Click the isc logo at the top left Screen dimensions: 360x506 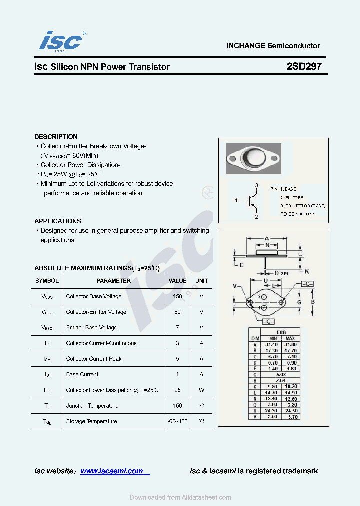tap(60, 40)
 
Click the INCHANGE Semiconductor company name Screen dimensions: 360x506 tap(273, 45)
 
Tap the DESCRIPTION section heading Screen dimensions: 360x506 tap(56, 137)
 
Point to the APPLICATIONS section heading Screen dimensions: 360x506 tap(57, 221)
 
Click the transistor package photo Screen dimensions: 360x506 tap(254, 158)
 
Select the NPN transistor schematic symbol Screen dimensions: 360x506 tap(252, 200)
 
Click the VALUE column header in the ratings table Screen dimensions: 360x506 tap(177, 281)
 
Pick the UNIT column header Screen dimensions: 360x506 tap(201, 281)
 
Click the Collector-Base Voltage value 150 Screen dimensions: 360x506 tap(177, 296)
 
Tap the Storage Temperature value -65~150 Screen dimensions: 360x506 tap(177, 421)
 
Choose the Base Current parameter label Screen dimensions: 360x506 tap(82, 374)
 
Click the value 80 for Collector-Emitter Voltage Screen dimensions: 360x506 tap(177, 312)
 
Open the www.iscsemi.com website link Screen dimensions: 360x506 tap(112, 471)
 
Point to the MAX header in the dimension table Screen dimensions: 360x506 tap(290, 338)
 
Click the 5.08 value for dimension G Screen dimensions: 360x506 tap(281, 374)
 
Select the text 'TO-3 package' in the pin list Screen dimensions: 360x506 tap(297, 214)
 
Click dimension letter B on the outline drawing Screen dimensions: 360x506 tap(313, 302)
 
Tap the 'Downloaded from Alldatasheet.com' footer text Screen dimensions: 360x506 tap(180, 497)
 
